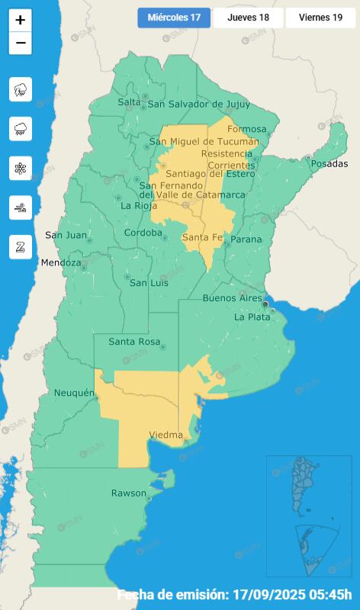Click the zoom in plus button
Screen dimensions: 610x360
[21, 21]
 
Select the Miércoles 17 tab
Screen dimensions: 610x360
[174, 18]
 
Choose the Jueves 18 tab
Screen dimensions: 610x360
[248, 18]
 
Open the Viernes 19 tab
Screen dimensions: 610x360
[320, 18]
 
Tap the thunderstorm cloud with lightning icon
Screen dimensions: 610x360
[21, 89]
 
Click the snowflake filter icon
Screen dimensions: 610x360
[21, 168]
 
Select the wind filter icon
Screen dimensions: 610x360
[21, 207]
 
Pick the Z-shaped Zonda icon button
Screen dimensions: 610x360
[21, 246]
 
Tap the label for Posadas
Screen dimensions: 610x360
[329, 164]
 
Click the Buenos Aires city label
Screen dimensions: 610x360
[232, 297]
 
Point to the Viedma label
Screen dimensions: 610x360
[166, 435]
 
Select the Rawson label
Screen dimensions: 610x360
[128, 493]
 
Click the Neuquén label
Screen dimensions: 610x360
[74, 393]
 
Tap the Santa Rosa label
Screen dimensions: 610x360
[133, 342]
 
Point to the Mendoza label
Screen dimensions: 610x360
[61, 263]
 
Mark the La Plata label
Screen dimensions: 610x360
[252, 317]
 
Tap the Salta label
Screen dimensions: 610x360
[130, 102]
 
